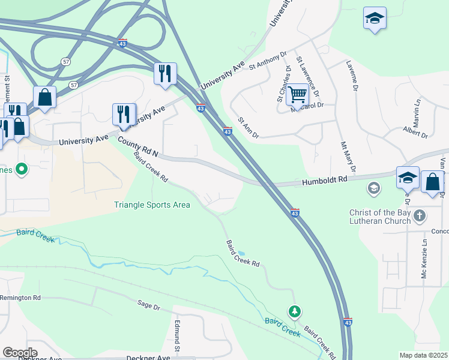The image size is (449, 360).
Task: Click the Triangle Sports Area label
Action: point(152,205)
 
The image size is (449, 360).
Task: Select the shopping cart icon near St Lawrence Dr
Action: point(297,94)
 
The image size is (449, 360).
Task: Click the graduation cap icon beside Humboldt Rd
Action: point(408,178)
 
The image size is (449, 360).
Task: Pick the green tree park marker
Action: point(294,311)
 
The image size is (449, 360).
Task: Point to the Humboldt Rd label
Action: point(325,180)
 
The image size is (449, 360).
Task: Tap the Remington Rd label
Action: point(20,298)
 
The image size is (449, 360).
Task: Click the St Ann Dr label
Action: point(248,128)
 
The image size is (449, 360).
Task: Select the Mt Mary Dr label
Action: point(348,156)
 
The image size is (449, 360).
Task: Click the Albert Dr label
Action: point(415,133)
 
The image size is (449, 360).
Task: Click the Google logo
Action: point(20,353)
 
